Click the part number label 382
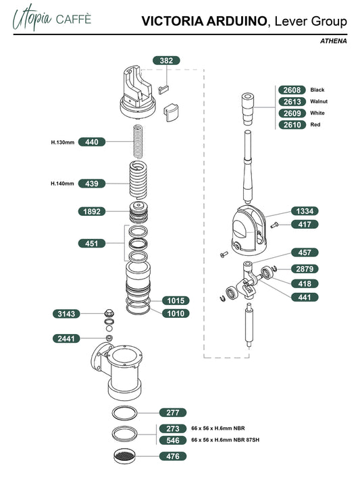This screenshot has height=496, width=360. (x=166, y=61)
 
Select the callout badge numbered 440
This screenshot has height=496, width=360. (x=92, y=142)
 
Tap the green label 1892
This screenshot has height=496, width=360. (x=92, y=211)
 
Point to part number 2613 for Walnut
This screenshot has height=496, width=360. (x=292, y=101)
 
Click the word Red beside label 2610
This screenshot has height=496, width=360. (x=315, y=125)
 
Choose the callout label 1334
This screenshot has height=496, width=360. (x=305, y=211)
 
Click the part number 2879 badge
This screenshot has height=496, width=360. (x=305, y=269)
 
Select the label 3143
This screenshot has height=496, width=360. (x=66, y=314)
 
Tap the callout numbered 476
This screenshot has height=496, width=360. (x=172, y=456)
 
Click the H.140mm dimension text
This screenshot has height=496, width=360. (x=62, y=184)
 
